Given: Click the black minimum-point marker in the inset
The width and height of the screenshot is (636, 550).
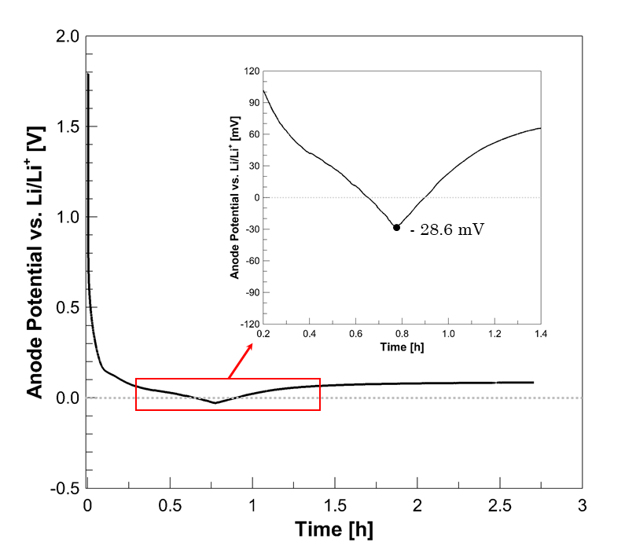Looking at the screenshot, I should tap(396, 227).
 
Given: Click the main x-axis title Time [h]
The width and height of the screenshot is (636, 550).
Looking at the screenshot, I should tap(334, 529).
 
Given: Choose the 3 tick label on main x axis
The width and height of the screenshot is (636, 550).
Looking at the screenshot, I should tap(582, 503).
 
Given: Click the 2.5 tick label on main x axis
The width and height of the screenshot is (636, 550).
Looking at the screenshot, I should tap(498, 503).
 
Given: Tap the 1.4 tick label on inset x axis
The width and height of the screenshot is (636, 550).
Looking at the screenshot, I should tap(541, 334).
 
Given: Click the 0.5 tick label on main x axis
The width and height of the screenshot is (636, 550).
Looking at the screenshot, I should tap(169, 503).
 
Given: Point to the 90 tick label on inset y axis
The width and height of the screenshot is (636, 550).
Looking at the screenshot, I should tap(252, 103).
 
